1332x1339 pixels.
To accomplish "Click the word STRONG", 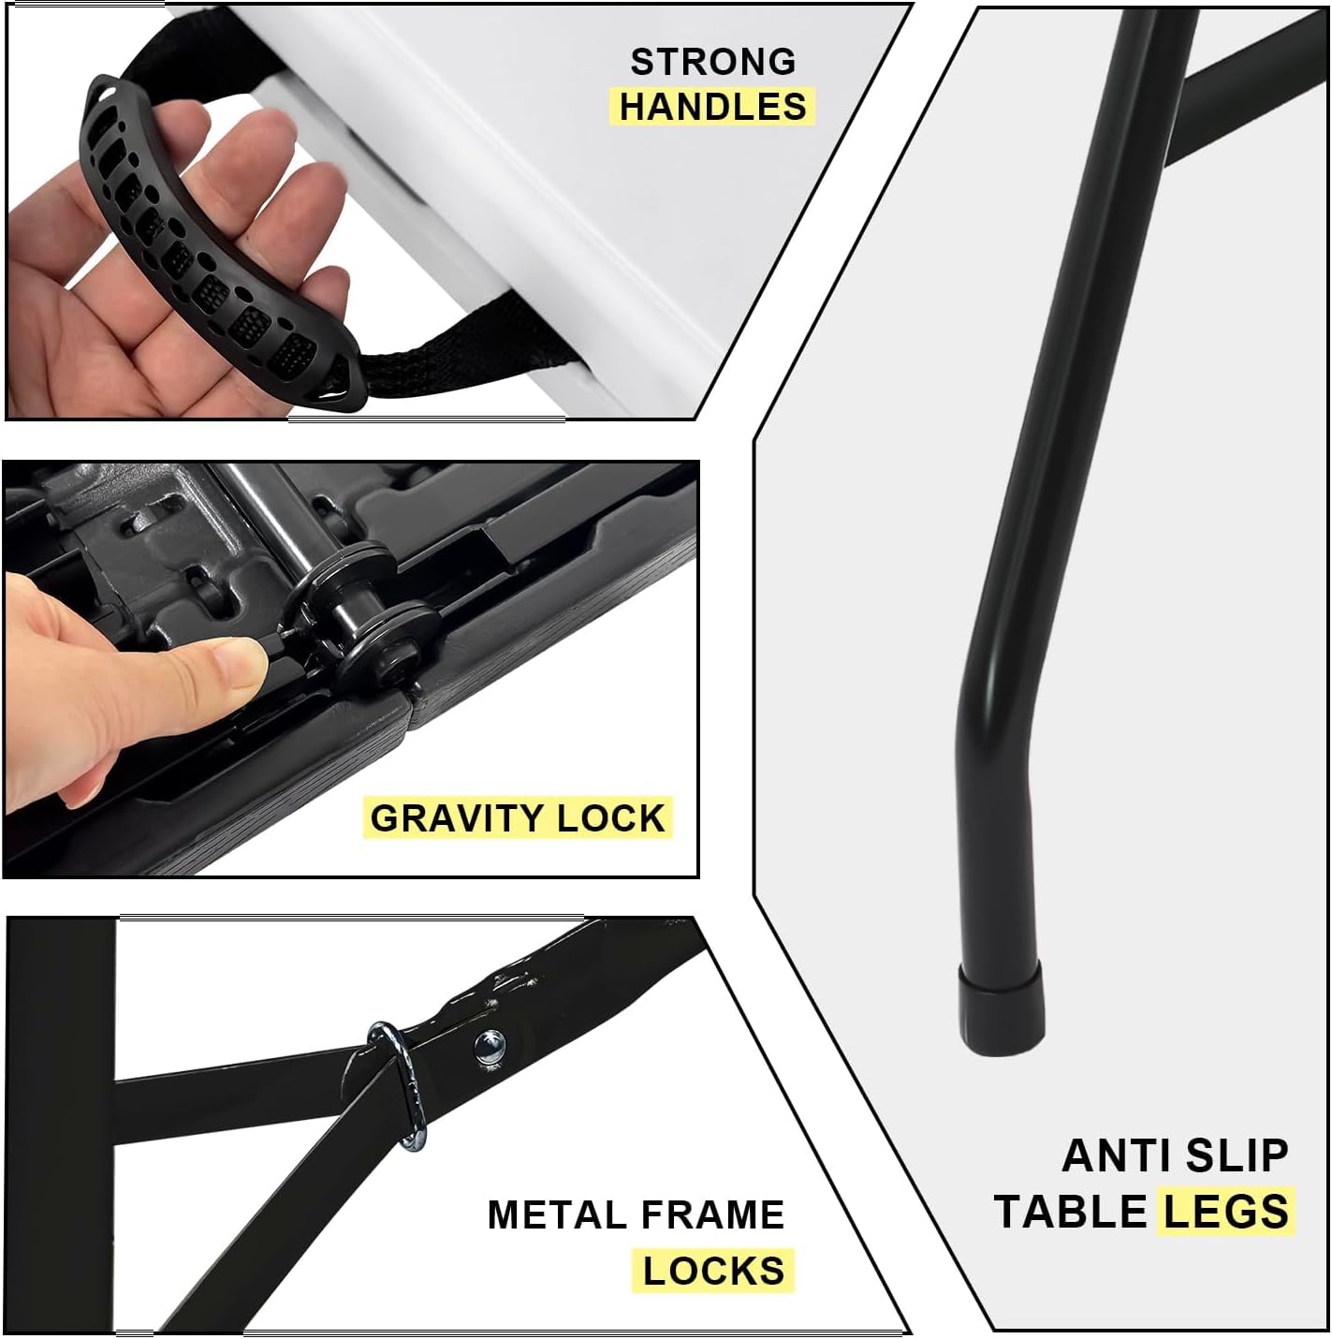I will (x=712, y=62).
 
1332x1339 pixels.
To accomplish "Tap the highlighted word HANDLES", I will (x=712, y=107).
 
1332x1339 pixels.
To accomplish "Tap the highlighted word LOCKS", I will (x=713, y=1271).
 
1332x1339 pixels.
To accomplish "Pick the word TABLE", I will (x=1070, y=1212).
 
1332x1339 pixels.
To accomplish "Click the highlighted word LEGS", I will (x=1225, y=1212).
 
